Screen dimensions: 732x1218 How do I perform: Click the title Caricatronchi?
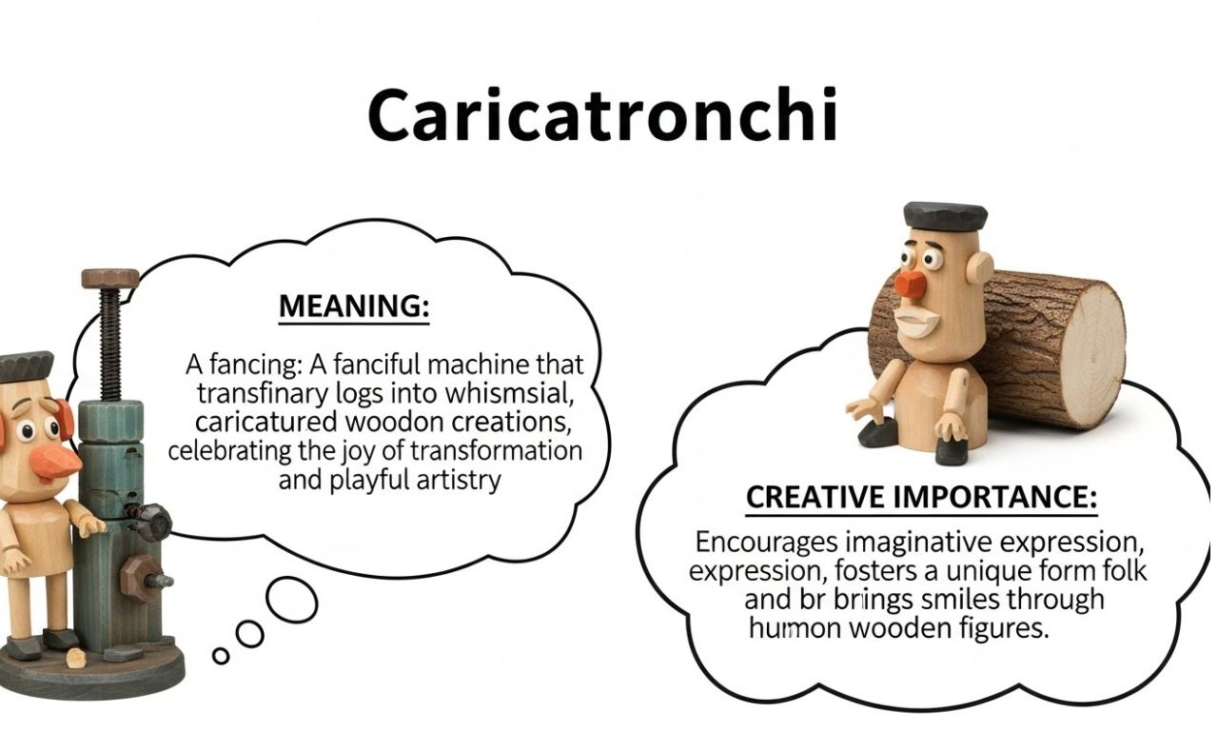(602, 116)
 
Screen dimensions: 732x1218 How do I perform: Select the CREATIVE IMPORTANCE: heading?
(921, 497)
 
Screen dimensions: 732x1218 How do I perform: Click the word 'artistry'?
(459, 479)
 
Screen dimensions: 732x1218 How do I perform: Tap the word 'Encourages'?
(766, 543)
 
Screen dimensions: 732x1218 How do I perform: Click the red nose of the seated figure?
(912, 283)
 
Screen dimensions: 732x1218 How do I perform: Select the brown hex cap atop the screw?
(110, 278)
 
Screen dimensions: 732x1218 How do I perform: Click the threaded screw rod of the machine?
(111, 344)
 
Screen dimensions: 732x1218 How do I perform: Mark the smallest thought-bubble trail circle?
(221, 655)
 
